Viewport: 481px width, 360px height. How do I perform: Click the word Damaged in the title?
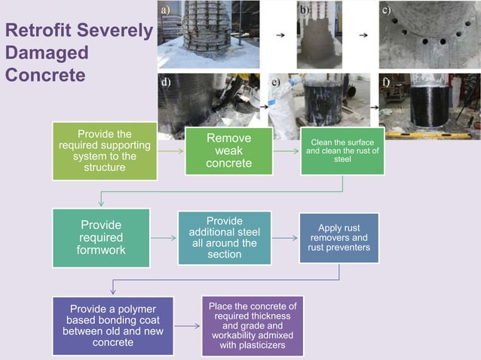pos(47,53)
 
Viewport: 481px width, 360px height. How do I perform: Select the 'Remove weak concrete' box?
pos(228,151)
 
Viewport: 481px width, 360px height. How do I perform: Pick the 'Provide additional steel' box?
pos(224,237)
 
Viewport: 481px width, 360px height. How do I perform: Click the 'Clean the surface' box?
pos(342,150)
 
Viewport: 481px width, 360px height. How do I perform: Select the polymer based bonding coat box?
pos(112,325)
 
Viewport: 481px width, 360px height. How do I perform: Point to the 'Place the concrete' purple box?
pos(252,326)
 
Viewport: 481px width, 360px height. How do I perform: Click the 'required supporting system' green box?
pos(105,151)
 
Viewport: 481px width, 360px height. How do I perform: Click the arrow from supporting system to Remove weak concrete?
pos(171,151)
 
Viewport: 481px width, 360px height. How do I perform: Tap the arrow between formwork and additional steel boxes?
pos(164,237)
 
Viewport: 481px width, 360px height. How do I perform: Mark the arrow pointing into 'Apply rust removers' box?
pos(286,237)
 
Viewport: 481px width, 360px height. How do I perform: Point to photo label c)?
pos(386,9)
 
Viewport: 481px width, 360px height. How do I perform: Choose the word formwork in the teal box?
pos(101,249)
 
